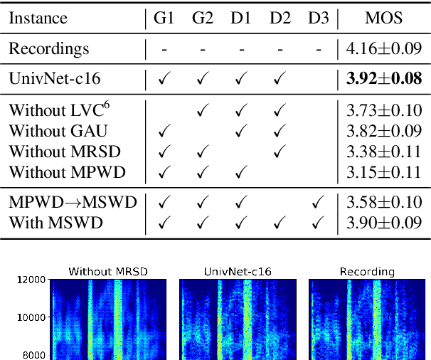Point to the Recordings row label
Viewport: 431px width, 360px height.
(x=49, y=49)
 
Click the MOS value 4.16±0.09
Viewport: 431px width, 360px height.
(x=383, y=49)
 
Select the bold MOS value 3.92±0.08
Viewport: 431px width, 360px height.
(x=383, y=80)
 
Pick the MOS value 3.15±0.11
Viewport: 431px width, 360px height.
(x=383, y=171)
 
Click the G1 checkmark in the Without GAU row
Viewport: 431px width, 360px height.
(x=164, y=131)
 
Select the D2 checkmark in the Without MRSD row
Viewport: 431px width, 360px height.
(x=278, y=151)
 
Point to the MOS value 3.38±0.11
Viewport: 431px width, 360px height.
(x=383, y=151)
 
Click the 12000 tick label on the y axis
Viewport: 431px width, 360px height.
(x=30, y=280)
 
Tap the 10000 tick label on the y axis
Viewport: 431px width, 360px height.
(x=30, y=317)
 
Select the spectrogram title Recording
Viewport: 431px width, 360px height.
(x=367, y=271)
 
